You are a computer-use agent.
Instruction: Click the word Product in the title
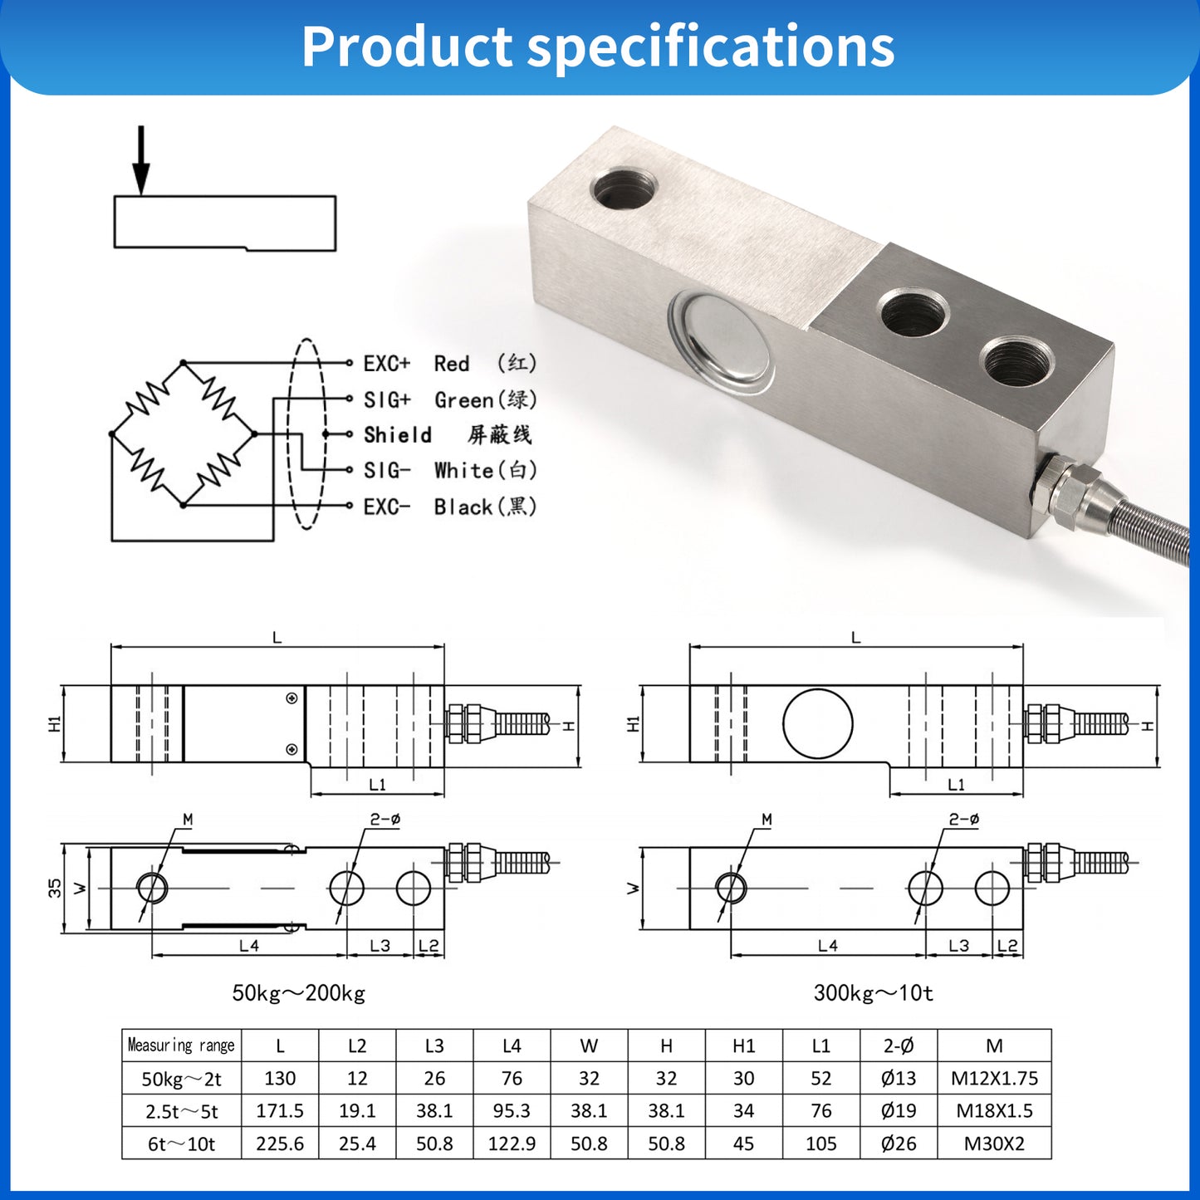tap(406, 47)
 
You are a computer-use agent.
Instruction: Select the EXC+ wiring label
tap(386, 364)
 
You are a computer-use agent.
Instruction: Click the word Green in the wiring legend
tap(463, 400)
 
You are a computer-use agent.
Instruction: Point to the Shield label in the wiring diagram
tap(397, 435)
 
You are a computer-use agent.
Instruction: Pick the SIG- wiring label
tap(386, 471)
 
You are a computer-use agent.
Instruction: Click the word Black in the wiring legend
tap(463, 507)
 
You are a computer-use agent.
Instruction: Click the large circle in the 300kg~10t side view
tap(817, 723)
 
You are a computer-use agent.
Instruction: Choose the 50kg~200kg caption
tap(298, 993)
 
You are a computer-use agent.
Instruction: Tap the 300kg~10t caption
tap(873, 993)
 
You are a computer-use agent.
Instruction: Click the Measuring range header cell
tap(181, 1046)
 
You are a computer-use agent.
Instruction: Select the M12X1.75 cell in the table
tap(994, 1078)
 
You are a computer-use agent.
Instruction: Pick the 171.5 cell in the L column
tap(280, 1110)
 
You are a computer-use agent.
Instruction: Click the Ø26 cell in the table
tap(899, 1144)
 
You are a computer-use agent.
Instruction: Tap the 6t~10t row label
tap(181, 1144)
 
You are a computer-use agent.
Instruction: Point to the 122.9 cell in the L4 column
tap(512, 1144)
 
